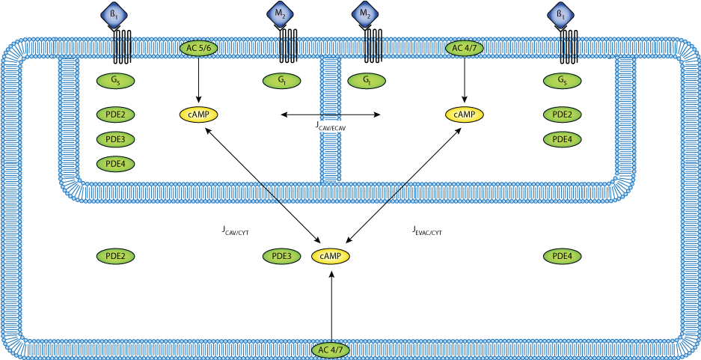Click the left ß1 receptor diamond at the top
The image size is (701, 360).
114,14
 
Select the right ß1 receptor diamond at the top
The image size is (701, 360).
560,14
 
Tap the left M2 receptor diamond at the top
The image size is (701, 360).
281,14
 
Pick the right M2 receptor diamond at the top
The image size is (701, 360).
365,14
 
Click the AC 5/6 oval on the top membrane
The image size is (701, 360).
199,48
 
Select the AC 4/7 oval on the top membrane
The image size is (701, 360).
465,48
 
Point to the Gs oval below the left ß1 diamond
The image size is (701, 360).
115,81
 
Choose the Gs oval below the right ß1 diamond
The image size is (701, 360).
562,81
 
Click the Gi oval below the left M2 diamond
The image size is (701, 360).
282,81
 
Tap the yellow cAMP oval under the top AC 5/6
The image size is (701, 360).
199,115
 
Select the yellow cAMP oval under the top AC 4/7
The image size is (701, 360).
465,115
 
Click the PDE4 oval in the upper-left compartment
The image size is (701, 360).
115,164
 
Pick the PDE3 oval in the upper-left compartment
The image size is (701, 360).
115,139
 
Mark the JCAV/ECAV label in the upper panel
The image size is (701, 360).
331,126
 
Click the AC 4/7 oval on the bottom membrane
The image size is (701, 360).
331,350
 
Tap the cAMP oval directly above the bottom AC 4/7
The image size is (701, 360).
331,256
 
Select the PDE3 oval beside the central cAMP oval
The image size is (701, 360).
281,256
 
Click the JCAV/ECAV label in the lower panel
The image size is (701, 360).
331,308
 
